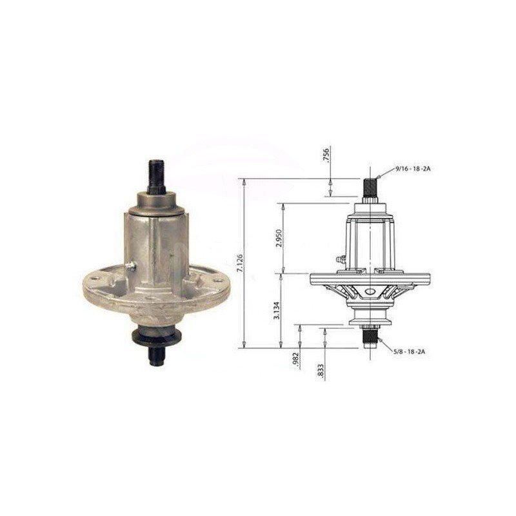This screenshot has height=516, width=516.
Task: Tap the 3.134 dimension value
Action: click(277, 310)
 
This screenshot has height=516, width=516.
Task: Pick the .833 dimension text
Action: click(322, 372)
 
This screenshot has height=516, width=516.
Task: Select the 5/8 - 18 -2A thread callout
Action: click(410, 351)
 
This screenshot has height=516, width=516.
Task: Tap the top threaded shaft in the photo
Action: click(157, 177)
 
